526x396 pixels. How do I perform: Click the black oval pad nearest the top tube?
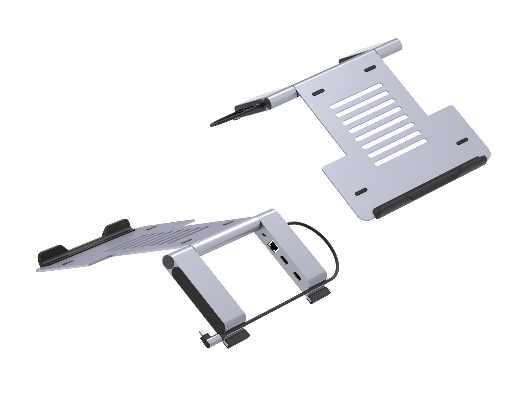[x=370, y=68]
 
